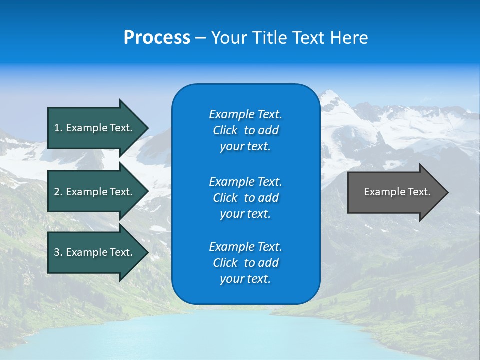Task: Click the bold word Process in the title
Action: pos(157,37)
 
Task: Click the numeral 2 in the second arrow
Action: pos(57,192)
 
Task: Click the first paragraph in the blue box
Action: pos(245,130)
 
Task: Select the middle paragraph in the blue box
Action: pos(245,197)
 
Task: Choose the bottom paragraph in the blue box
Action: pos(245,263)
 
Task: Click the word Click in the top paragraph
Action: pos(225,130)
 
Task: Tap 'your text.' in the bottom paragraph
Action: pos(245,279)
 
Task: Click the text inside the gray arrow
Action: pos(397,192)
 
